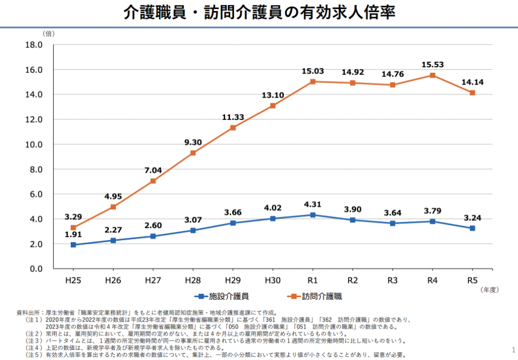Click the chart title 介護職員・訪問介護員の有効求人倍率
(x=259, y=13)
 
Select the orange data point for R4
(x=433, y=75)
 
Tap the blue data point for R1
(x=313, y=215)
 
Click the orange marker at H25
(x=73, y=227)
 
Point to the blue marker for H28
(x=193, y=230)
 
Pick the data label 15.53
(x=433, y=65)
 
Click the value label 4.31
(x=313, y=205)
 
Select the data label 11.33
(x=233, y=117)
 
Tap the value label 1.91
(x=73, y=234)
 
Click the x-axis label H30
(x=273, y=279)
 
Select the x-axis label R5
(x=472, y=279)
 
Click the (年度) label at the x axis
(x=490, y=290)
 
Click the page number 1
(x=513, y=349)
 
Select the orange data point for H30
(x=273, y=106)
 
